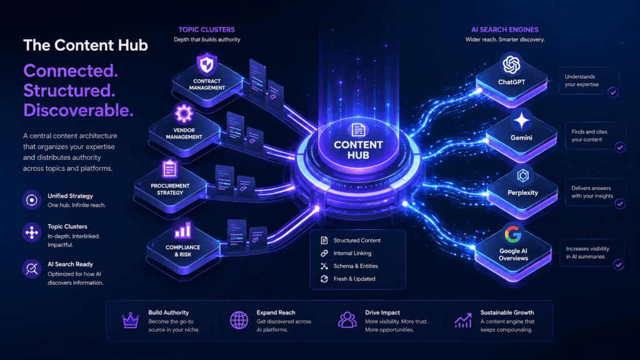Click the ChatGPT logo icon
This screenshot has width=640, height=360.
pyautogui.click(x=511, y=64)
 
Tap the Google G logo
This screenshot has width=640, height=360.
pyautogui.click(x=513, y=234)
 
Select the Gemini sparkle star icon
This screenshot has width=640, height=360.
pyautogui.click(x=521, y=121)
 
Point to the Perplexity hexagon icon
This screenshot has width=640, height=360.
pyautogui.click(x=523, y=176)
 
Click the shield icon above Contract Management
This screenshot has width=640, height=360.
pyautogui.click(x=207, y=64)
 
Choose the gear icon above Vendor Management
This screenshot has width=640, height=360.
pyautogui.click(x=184, y=114)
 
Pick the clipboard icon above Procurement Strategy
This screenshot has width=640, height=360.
pyautogui.click(x=170, y=169)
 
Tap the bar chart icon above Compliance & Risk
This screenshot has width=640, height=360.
pyautogui.click(x=183, y=231)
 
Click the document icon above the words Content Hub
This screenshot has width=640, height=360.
pyautogui.click(x=358, y=130)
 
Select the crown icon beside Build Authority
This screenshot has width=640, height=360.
pyautogui.click(x=131, y=321)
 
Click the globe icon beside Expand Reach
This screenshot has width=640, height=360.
pyautogui.click(x=239, y=321)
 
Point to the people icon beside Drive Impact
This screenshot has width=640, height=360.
pyautogui.click(x=347, y=320)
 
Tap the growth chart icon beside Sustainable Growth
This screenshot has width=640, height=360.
pyautogui.click(x=463, y=321)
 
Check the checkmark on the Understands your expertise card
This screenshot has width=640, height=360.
pyautogui.click(x=612, y=92)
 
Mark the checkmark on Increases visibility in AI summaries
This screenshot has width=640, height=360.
pyautogui.click(x=619, y=265)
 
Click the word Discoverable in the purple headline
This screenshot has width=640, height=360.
pyautogui.click(x=78, y=110)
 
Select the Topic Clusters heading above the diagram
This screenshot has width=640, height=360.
pyautogui.click(x=206, y=30)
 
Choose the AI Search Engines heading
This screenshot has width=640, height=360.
pyautogui.click(x=505, y=30)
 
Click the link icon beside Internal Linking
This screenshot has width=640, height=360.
pyautogui.click(x=324, y=253)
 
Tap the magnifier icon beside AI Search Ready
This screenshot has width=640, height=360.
pyautogui.click(x=31, y=269)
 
